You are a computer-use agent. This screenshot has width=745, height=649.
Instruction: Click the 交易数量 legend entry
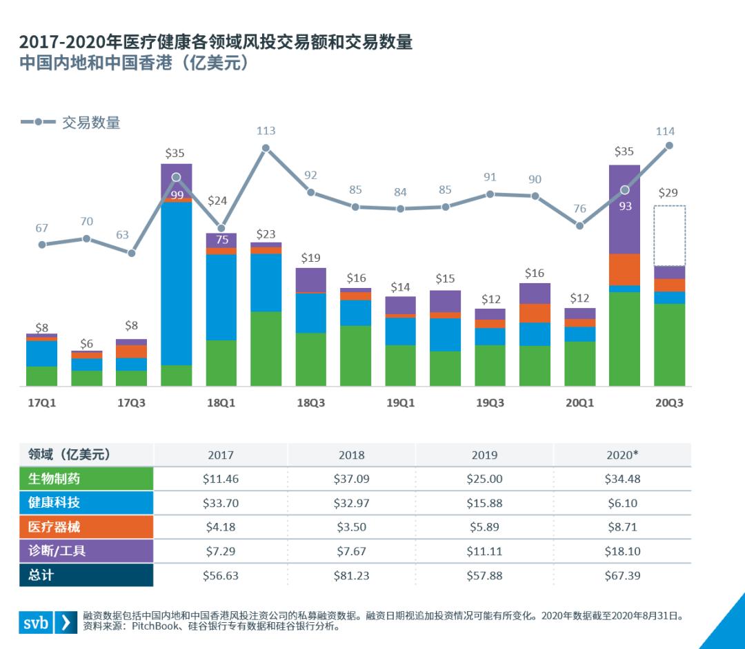(71, 123)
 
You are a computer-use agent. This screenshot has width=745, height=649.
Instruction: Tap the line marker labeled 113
(266, 147)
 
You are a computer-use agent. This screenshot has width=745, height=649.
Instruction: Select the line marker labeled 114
(668, 145)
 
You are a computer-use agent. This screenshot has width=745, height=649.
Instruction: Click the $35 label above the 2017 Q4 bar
(176, 152)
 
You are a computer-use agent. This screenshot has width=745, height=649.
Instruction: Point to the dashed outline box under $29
(669, 236)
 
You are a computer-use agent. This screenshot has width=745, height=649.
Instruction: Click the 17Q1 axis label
(41, 403)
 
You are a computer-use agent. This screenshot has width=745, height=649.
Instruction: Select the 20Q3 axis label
(669, 403)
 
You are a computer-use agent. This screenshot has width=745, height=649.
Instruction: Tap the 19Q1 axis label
(400, 403)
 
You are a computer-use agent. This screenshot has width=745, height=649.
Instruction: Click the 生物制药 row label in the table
(54, 478)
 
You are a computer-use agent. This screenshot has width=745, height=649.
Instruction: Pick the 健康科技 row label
(54, 502)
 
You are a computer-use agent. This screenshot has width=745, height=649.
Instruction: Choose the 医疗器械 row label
(54, 526)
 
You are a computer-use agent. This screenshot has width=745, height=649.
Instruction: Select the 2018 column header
(352, 455)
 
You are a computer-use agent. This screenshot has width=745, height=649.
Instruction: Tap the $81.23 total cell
(352, 575)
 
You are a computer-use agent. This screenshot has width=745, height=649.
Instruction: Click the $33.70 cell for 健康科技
(221, 503)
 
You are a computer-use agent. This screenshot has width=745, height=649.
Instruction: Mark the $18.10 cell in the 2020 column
(622, 551)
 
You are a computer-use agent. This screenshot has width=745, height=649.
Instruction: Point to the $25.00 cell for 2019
(486, 479)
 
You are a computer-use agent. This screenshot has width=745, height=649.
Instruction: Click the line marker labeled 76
(580, 225)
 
